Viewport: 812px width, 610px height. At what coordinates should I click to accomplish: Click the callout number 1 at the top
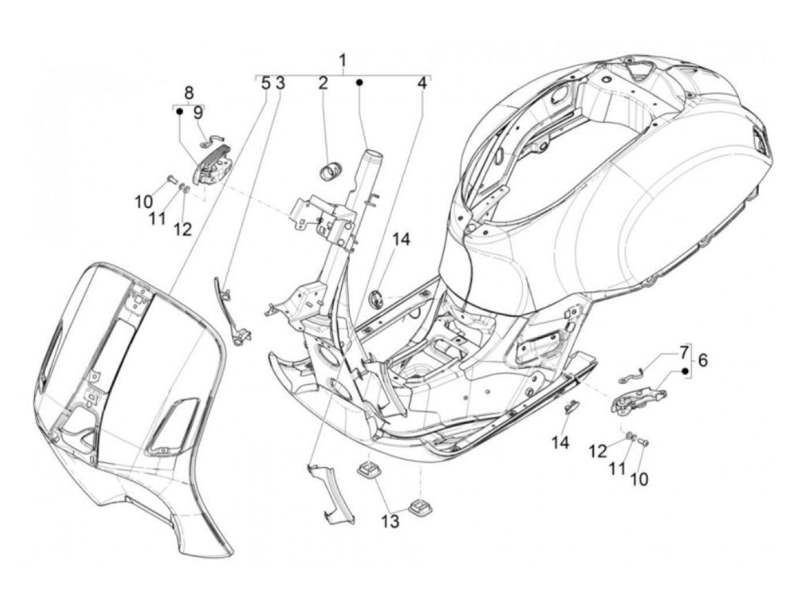tap(343, 60)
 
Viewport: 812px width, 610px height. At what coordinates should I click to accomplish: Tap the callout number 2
tap(322, 83)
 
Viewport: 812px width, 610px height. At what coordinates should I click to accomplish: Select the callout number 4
tap(422, 83)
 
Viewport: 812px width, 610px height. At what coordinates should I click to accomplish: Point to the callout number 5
tap(266, 83)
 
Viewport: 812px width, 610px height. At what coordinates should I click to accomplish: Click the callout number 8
tap(188, 93)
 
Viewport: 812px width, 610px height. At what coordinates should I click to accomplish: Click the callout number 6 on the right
tap(703, 360)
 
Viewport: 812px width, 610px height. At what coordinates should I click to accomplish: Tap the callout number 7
tap(684, 351)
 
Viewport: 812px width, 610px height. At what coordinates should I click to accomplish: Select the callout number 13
tap(390, 521)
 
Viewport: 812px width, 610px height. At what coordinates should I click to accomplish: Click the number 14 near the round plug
tap(401, 239)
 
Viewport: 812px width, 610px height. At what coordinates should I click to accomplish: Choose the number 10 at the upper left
tap(144, 202)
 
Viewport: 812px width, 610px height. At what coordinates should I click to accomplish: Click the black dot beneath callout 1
tap(360, 83)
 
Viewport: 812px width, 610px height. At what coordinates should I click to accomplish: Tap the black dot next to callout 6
tap(685, 371)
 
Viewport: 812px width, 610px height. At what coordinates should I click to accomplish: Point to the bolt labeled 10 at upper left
tap(171, 180)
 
